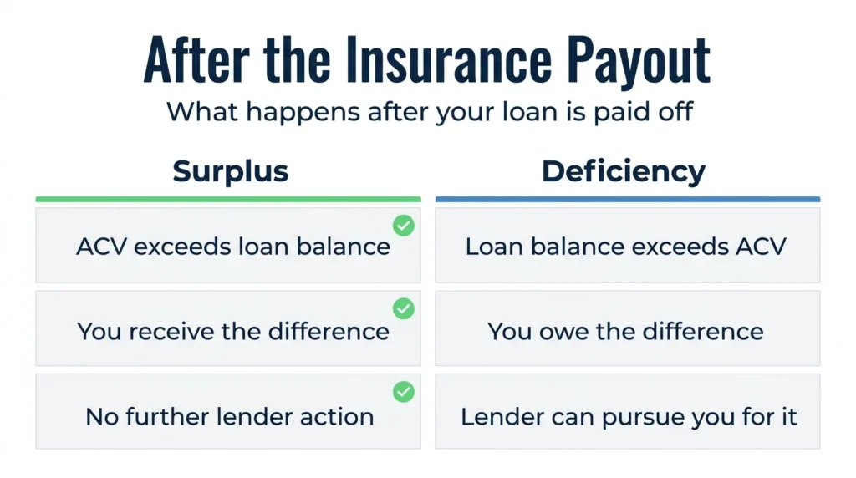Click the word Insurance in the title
click(x=449, y=59)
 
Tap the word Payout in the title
click(x=638, y=61)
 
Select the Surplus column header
click(x=231, y=172)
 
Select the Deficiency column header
click(x=624, y=172)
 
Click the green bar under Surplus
click(x=228, y=199)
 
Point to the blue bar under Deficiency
click(x=628, y=199)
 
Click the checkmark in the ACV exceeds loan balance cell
click(x=404, y=226)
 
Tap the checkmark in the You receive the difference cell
click(x=404, y=309)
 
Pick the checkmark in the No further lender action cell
click(x=404, y=392)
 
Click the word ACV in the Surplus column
click(x=101, y=247)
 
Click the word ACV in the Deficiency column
click(x=761, y=247)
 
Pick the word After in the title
click(x=196, y=59)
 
